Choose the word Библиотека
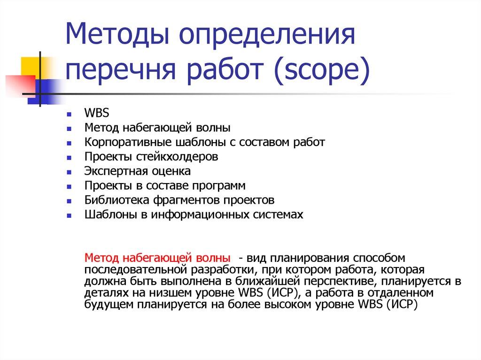tap(116, 200)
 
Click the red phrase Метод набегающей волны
tap(157, 258)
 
